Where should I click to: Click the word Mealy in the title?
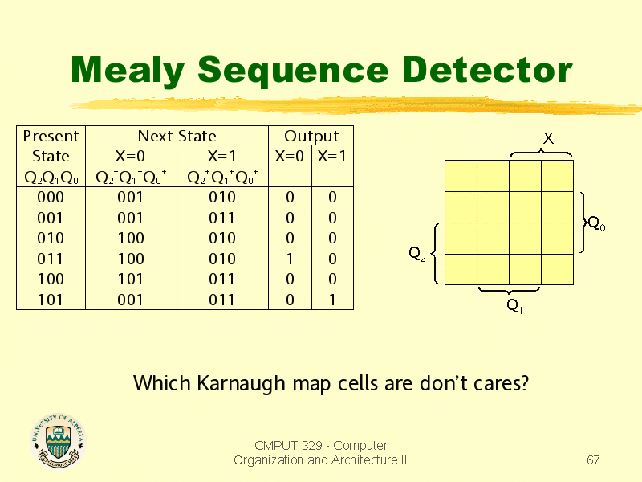pos(128,71)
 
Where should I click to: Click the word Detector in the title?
pos(486,70)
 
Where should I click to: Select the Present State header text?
pos(51,146)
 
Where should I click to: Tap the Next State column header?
pos(177,136)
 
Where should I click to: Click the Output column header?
pos(311,136)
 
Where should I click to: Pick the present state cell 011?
pos(50,259)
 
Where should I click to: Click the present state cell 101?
pos(50,300)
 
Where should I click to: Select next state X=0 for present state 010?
pos(131,238)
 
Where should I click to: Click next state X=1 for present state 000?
pos(222,197)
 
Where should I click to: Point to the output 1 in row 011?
pos(290,259)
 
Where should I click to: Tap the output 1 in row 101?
pos(332,300)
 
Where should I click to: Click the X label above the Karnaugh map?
pos(548,138)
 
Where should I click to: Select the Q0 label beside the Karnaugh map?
pos(596,224)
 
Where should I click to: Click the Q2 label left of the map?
pos(417,254)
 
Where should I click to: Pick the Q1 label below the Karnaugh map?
pos(514,306)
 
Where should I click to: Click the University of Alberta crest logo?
pos(58,441)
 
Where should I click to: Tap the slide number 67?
pos(593,460)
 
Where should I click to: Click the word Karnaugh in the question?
pos(242,384)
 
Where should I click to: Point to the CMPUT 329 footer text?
pos(320,452)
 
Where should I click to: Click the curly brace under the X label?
pos(541,153)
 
